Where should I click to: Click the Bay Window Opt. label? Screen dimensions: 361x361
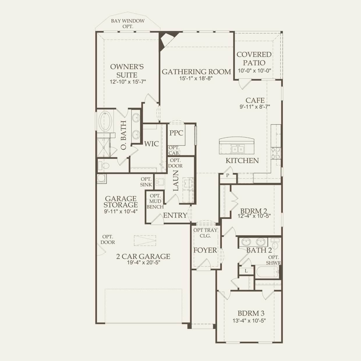click(x=128, y=24)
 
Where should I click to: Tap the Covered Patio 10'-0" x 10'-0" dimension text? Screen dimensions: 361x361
click(x=254, y=71)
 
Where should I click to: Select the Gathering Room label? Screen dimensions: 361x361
click(x=196, y=72)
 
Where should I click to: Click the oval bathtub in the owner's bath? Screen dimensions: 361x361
click(x=105, y=121)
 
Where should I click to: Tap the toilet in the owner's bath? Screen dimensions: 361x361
click(x=104, y=166)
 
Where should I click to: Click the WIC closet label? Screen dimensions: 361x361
click(x=151, y=144)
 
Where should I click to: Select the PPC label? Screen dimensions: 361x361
click(x=176, y=133)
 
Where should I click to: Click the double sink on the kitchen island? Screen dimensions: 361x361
click(x=238, y=149)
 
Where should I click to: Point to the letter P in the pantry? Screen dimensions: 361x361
click(x=228, y=175)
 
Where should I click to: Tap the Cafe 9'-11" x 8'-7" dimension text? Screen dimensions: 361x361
click(x=255, y=107)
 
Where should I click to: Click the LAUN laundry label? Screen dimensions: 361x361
click(x=176, y=180)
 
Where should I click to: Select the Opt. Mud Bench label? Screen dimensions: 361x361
click(x=155, y=201)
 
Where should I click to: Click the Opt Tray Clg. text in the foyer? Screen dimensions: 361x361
click(x=205, y=233)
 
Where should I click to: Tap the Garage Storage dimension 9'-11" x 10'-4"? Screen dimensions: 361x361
click(x=121, y=211)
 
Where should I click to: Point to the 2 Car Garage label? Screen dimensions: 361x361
click(x=143, y=256)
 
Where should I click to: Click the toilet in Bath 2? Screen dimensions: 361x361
click(x=275, y=244)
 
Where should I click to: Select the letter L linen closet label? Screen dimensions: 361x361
click(x=246, y=271)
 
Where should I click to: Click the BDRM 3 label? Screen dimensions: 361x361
click(x=251, y=313)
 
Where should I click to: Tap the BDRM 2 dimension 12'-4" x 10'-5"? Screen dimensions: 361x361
click(x=254, y=216)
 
